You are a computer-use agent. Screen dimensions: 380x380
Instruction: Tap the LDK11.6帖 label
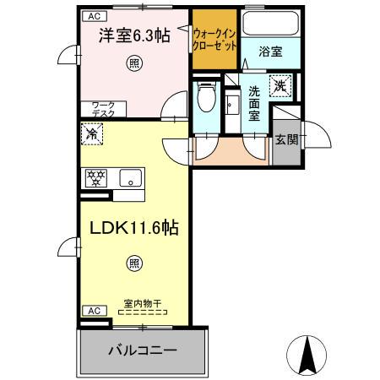point(130,227)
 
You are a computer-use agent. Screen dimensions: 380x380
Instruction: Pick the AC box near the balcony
point(94,311)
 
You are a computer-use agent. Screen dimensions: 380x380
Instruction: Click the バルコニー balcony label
point(142,350)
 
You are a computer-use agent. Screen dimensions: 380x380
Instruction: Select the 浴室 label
point(270,52)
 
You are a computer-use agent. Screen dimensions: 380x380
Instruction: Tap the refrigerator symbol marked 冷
point(92,133)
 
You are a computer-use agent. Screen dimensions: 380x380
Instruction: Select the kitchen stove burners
point(96,177)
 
